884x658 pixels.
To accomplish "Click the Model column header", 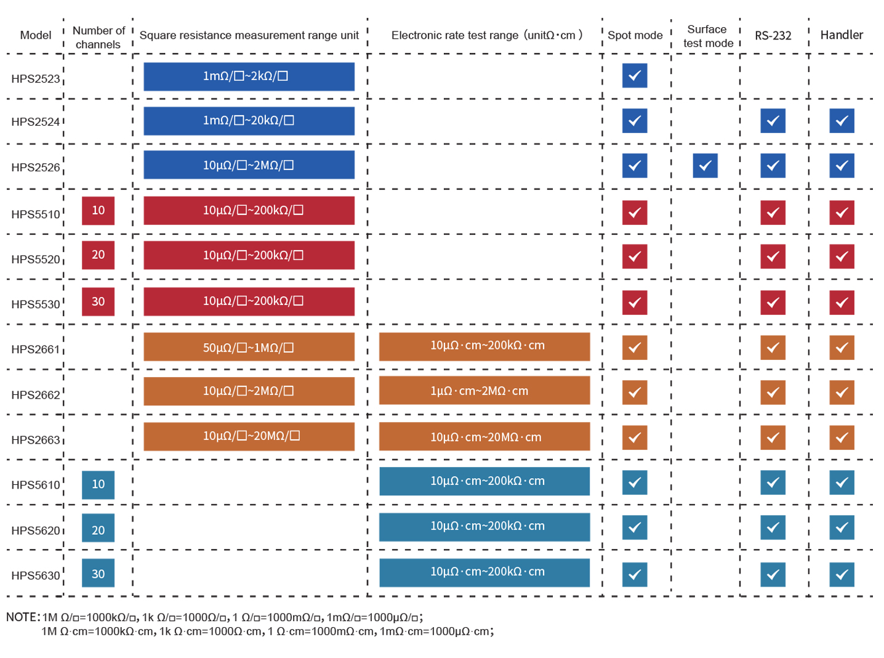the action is click(36, 35).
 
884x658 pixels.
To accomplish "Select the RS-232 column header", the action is click(773, 36).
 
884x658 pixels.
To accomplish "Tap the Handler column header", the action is click(842, 35).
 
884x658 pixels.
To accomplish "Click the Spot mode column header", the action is click(635, 35).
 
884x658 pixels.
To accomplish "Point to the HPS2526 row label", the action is click(36, 167).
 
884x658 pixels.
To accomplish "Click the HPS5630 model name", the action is click(36, 575).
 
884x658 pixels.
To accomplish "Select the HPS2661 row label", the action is click(36, 349).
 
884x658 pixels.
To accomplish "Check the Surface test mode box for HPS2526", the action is click(705, 166).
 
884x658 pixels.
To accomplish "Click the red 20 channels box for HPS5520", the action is click(98, 255).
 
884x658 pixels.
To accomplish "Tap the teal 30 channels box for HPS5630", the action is click(98, 573).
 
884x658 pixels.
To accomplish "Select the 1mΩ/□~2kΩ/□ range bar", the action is click(249, 76).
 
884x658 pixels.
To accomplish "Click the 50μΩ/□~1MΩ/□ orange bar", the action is click(249, 347).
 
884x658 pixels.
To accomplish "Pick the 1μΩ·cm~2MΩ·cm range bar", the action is click(484, 391).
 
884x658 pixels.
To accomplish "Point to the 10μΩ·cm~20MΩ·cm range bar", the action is click(484, 437).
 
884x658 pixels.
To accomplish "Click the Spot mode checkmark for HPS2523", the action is click(635, 75).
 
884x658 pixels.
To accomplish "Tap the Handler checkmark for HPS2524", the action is click(842, 121).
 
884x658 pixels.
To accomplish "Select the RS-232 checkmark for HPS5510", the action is click(773, 213).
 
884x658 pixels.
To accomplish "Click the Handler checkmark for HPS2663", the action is click(842, 437).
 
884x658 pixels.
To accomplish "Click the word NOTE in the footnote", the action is click(23, 617).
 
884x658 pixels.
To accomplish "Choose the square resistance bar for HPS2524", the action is click(249, 121).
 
